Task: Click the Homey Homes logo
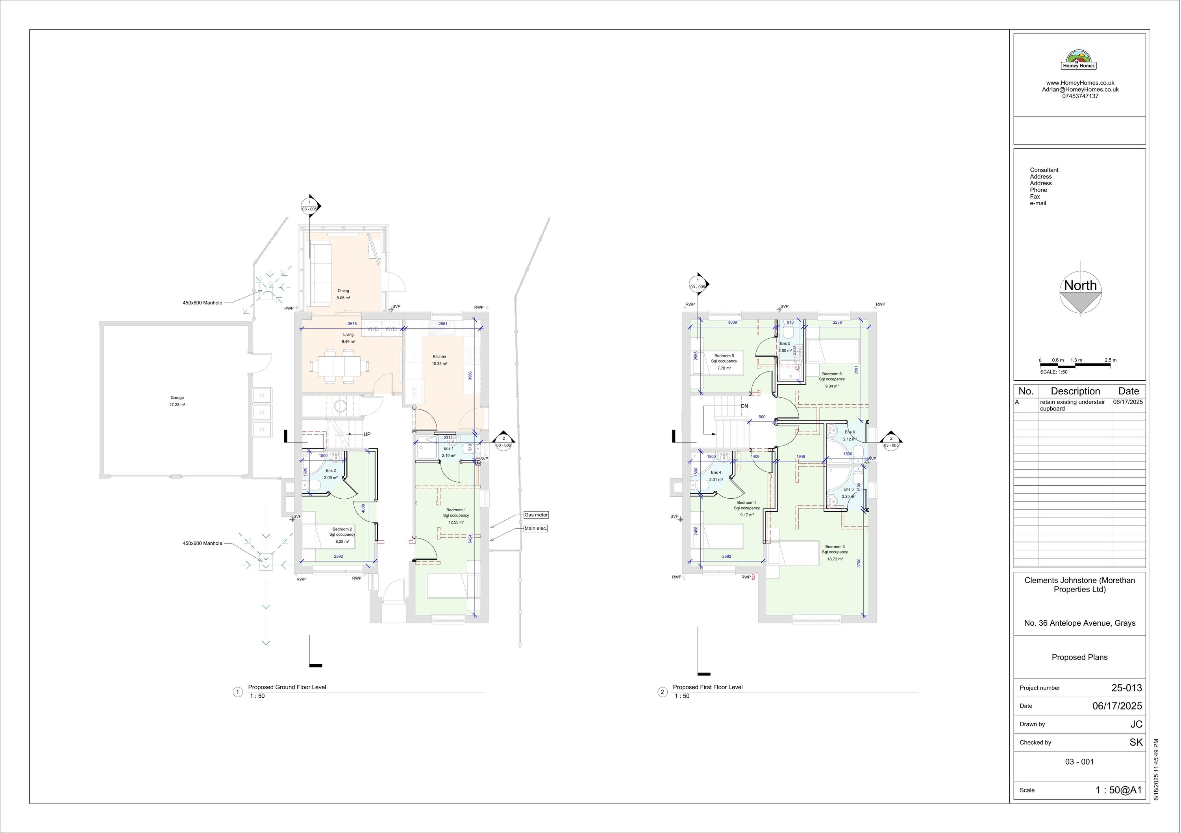1079,60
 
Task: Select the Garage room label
177,397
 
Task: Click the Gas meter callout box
535,514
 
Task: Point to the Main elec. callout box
535,528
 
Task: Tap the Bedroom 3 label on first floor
834,547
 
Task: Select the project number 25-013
1126,687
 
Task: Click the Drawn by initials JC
1136,724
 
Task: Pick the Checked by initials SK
1136,742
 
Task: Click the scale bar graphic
1077,364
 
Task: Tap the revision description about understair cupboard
1072,405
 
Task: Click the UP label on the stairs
367,434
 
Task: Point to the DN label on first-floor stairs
744,406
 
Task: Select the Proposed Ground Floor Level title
287,687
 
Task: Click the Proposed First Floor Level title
707,687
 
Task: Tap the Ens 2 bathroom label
330,470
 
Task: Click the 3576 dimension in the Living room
352,324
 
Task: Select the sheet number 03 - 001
1079,761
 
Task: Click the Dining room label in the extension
343,291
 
